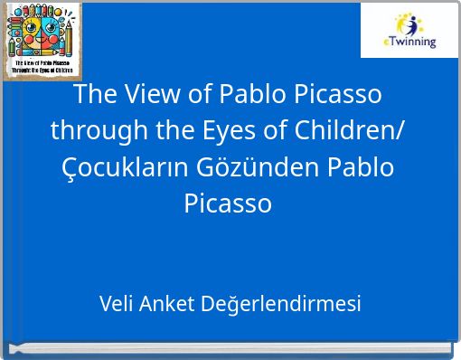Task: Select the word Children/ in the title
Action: coord(349,131)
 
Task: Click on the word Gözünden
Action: coord(245,167)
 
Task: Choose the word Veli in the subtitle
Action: coord(117,304)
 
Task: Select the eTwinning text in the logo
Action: coord(412,42)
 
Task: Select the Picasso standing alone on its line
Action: coord(228,203)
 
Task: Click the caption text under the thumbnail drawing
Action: coord(41,66)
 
